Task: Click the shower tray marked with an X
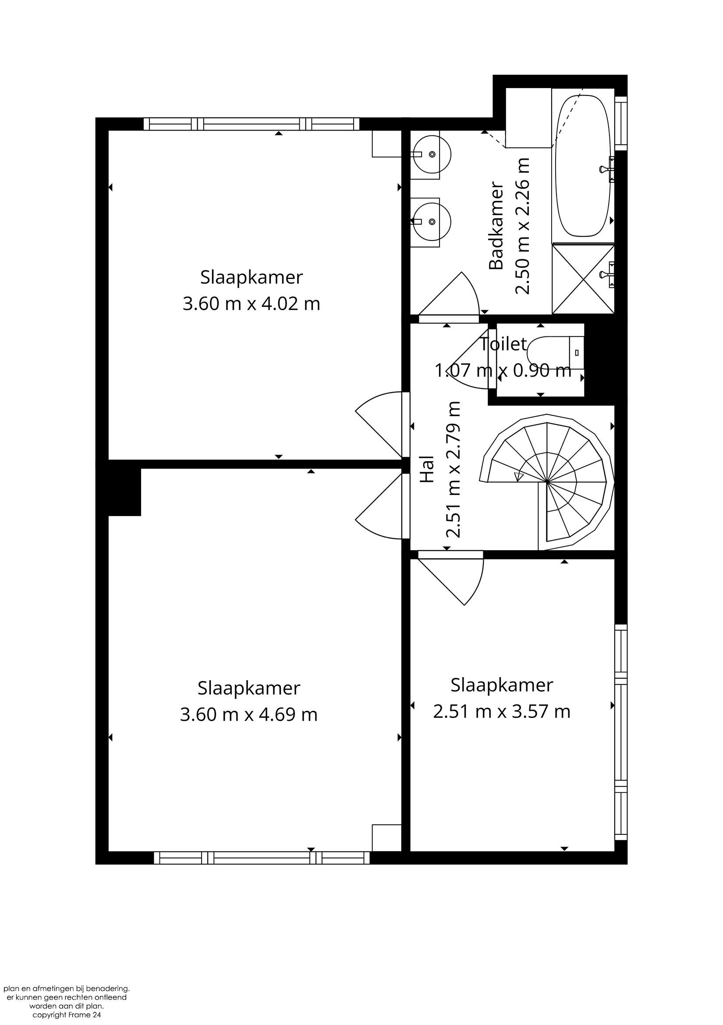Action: tap(583, 279)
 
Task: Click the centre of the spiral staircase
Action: tap(547, 482)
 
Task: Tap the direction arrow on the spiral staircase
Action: tap(519, 477)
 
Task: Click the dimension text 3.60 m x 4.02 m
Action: tap(252, 304)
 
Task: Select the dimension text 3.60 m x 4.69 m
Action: tap(249, 715)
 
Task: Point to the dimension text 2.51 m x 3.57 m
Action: tap(502, 711)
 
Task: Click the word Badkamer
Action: tap(496, 226)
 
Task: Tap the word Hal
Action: tap(427, 469)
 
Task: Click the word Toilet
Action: tap(504, 344)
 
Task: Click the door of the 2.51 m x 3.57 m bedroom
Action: tap(450, 578)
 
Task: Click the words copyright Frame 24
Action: tap(67, 1015)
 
